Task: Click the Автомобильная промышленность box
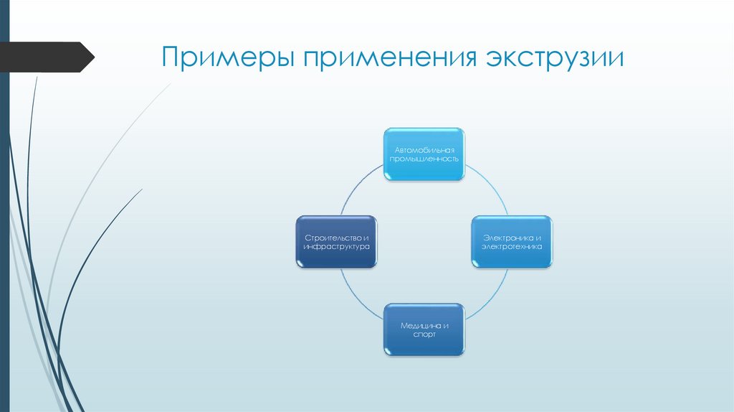(x=424, y=154)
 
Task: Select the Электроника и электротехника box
(x=512, y=242)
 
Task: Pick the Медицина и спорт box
(x=424, y=329)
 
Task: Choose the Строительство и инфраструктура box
(x=336, y=242)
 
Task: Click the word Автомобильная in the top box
(x=424, y=149)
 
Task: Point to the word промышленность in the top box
(x=424, y=159)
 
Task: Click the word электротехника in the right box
(x=512, y=247)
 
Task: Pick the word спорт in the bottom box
(x=424, y=334)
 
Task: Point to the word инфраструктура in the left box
(x=336, y=247)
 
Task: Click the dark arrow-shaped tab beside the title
(x=47, y=57)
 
